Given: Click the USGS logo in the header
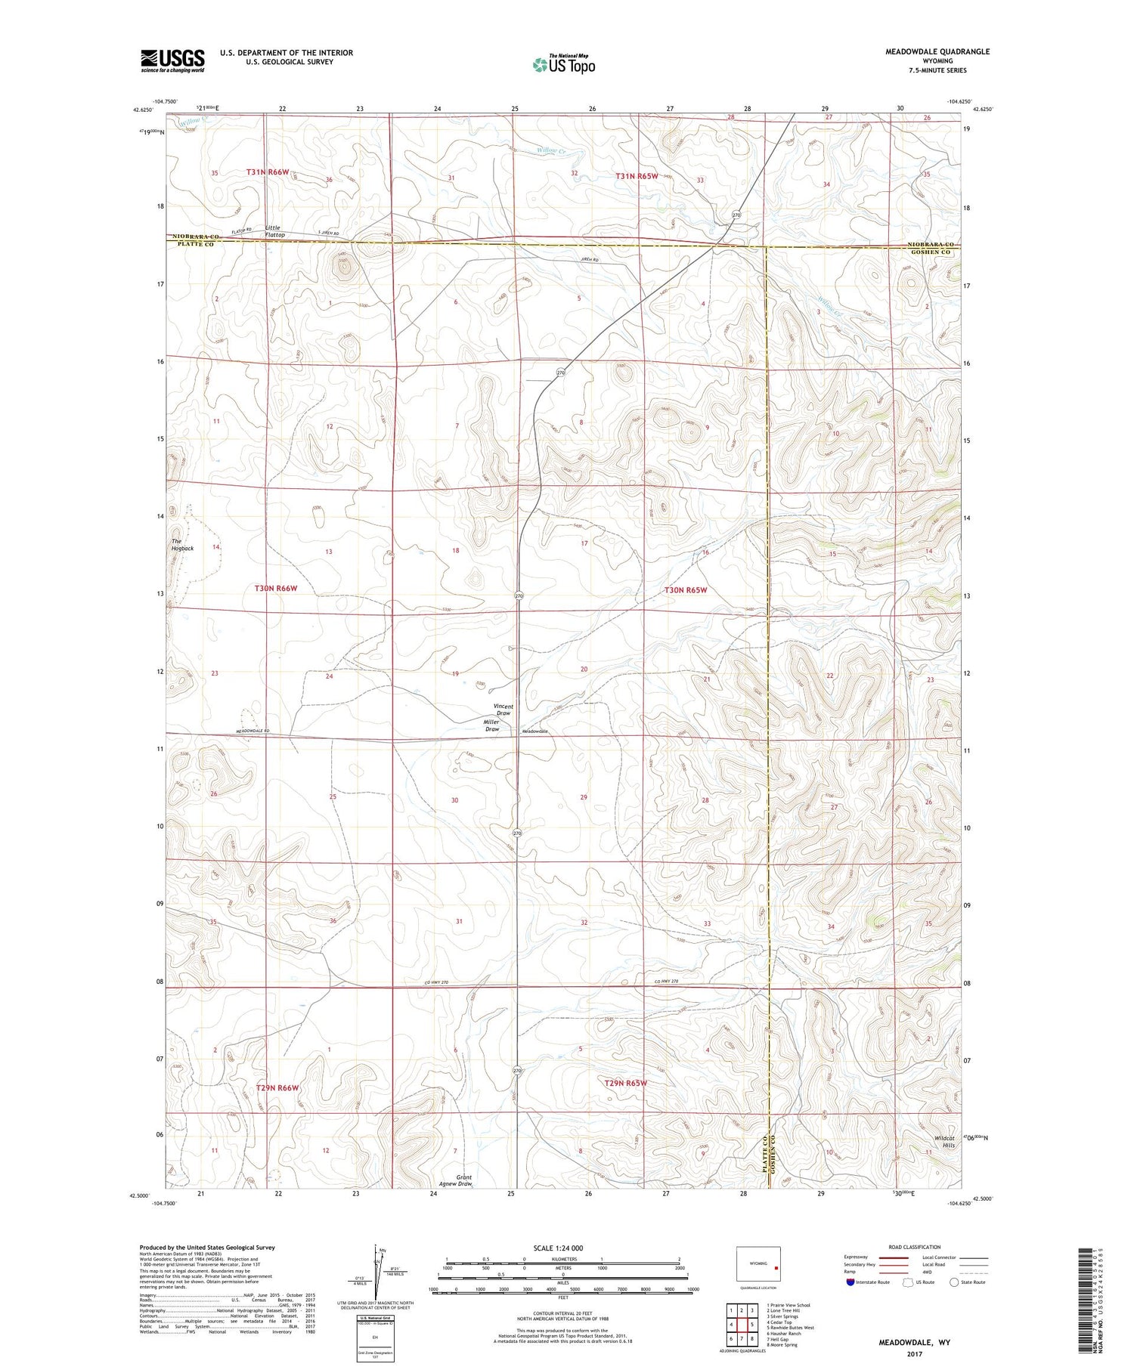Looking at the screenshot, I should click(x=172, y=60).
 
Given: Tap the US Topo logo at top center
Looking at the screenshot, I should click(x=563, y=64).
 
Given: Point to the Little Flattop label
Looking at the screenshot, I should click(x=274, y=231).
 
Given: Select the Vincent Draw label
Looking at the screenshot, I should click(x=503, y=710).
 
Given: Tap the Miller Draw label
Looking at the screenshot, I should click(x=492, y=725).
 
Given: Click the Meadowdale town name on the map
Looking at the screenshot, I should click(x=535, y=731).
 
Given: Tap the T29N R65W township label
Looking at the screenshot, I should click(x=626, y=1083).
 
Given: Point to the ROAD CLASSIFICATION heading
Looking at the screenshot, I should click(x=915, y=1247).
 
